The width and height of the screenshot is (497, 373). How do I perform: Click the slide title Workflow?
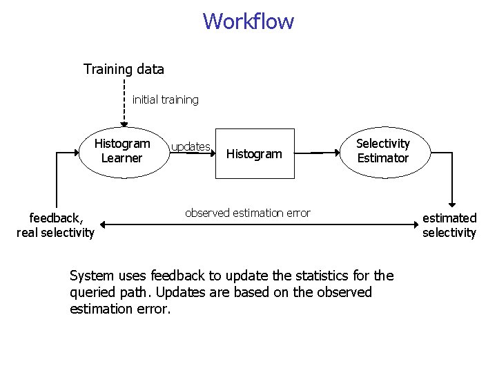(x=248, y=21)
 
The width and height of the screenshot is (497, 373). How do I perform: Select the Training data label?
(x=124, y=69)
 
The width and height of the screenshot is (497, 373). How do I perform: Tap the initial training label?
(x=165, y=99)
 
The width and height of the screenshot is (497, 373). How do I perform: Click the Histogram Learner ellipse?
(x=122, y=151)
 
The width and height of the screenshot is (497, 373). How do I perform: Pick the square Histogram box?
(x=255, y=153)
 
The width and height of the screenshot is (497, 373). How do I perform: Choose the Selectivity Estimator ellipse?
(x=382, y=151)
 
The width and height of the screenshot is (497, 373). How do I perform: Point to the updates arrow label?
(x=191, y=146)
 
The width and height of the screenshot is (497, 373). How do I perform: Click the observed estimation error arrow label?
(x=248, y=213)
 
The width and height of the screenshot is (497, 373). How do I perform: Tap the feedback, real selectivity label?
(x=55, y=226)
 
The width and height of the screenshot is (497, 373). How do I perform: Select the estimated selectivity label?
(x=449, y=226)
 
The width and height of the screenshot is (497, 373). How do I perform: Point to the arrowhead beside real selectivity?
(x=101, y=224)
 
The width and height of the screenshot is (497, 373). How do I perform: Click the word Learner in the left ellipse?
(x=122, y=158)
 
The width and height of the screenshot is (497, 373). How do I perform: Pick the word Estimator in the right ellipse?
(x=382, y=158)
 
